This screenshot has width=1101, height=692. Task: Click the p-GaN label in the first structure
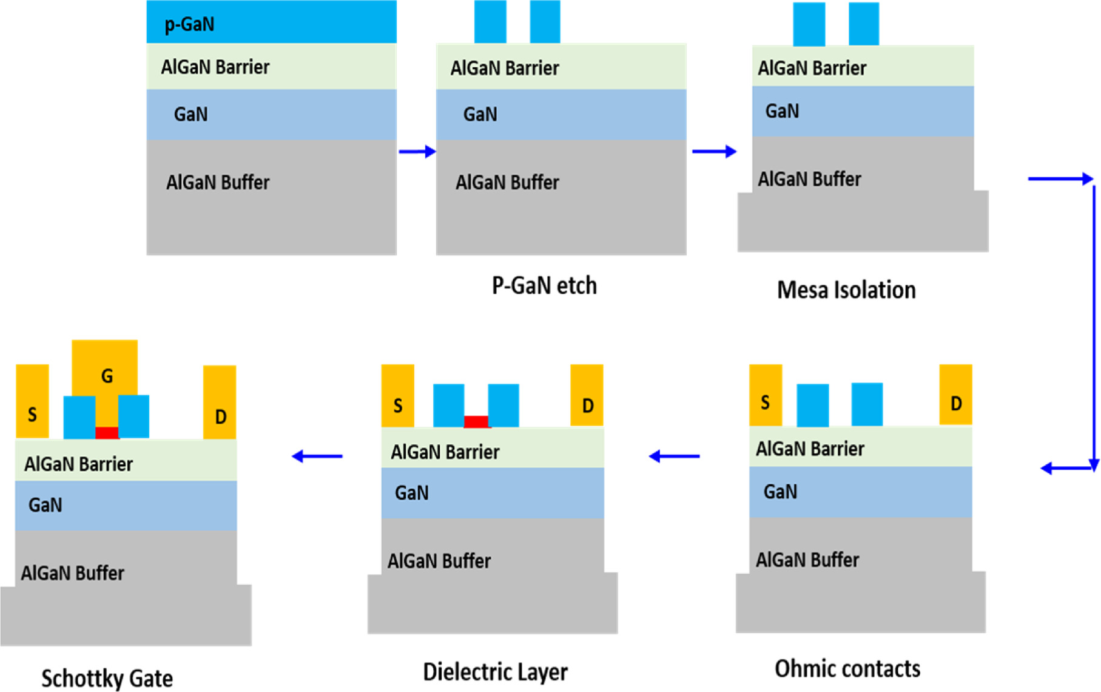point(189,24)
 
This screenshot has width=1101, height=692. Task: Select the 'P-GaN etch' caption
point(544,285)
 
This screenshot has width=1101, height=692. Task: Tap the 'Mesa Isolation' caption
point(846,290)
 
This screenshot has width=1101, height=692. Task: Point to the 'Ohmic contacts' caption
point(847,668)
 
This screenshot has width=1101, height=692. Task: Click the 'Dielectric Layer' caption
point(495,671)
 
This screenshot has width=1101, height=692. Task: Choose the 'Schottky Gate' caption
point(107,678)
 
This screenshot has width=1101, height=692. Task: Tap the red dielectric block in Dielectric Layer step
point(476,421)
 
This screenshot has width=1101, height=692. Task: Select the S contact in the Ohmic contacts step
point(766,395)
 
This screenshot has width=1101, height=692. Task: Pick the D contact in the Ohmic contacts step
point(955,395)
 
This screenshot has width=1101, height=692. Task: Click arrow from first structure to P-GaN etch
point(417,152)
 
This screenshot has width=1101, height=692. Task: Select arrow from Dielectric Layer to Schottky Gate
point(317,456)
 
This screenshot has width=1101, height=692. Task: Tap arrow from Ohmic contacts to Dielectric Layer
point(674,456)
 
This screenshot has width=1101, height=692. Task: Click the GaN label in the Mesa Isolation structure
point(782,111)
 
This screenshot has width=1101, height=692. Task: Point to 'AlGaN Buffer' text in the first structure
point(218,182)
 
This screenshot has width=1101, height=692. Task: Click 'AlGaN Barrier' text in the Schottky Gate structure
point(78,464)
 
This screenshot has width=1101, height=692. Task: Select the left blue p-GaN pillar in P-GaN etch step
point(490,22)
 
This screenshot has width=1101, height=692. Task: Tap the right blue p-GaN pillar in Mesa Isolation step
point(864,24)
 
